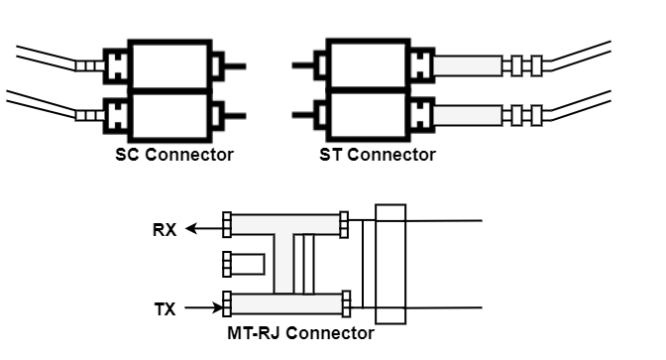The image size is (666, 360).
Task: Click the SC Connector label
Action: [173, 155]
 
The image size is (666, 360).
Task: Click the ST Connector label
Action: [377, 155]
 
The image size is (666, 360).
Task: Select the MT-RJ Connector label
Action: [300, 333]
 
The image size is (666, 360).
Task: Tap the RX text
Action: [164, 230]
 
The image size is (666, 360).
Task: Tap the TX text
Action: [165, 309]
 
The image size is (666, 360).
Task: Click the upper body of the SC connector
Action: [170, 65]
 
